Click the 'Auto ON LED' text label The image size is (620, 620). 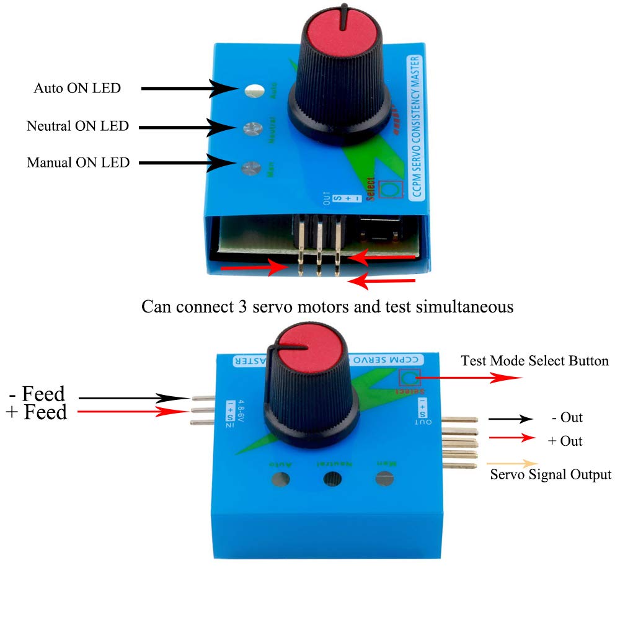[77, 89]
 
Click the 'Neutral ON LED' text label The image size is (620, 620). [77, 126]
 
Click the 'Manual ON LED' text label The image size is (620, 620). [78, 163]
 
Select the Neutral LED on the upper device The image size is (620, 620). [251, 128]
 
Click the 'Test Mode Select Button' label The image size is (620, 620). [534, 361]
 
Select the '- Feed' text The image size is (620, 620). [37, 394]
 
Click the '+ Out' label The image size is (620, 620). [565, 441]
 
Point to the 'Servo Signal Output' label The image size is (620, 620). [551, 475]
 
